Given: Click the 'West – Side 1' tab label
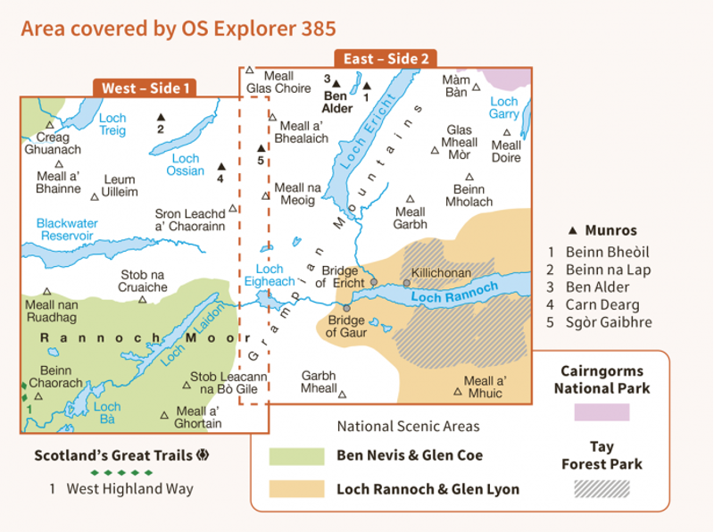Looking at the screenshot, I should [x=145, y=88].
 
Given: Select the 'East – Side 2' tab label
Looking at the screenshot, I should [x=386, y=58].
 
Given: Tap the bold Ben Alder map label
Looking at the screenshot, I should [x=336, y=102].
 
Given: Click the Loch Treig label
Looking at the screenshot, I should [x=112, y=125].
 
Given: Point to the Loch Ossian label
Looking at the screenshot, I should [x=187, y=165].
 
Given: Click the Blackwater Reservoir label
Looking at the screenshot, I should [x=65, y=229].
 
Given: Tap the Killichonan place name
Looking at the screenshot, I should [x=440, y=272].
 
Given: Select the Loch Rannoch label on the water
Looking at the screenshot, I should [x=455, y=291].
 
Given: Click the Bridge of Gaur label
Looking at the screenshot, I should [x=346, y=327].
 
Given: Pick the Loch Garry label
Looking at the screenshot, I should [x=504, y=108].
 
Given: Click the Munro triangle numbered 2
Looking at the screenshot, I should [x=161, y=117].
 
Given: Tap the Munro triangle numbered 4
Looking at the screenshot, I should [x=221, y=165].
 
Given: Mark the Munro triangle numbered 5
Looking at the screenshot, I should [x=261, y=148].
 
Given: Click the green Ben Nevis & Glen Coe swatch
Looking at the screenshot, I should [x=296, y=456].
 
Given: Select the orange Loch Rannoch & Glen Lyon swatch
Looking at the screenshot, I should [x=296, y=489].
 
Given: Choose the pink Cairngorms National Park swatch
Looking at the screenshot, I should [x=602, y=411].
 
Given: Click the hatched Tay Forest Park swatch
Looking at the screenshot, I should [x=602, y=488].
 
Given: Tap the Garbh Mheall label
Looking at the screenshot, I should [x=320, y=382].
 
